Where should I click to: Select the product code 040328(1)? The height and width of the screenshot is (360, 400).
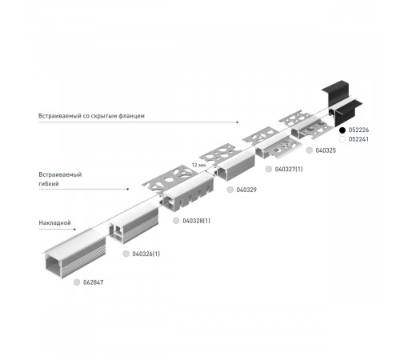(196, 220)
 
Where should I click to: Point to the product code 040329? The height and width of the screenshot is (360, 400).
(246, 190)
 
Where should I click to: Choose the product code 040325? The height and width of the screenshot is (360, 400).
(326, 150)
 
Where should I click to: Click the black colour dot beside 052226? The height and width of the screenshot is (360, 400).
(342, 130)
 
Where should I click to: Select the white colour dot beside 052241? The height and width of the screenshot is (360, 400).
(342, 138)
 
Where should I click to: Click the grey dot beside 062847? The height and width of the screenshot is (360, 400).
(77, 282)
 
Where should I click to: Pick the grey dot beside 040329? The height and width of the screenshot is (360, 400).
(230, 190)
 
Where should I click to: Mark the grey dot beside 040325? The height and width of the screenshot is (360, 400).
(309, 150)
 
